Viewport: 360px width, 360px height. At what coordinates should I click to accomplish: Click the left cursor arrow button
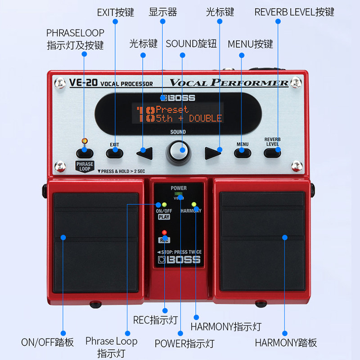(144, 153)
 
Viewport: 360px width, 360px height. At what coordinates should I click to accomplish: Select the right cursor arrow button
(213, 153)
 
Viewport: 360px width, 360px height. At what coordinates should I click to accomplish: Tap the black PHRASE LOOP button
(85, 152)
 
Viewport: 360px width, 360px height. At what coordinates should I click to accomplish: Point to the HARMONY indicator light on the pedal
(194, 204)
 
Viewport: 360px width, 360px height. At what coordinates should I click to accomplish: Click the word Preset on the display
(172, 109)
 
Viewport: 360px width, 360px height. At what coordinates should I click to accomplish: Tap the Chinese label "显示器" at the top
(163, 12)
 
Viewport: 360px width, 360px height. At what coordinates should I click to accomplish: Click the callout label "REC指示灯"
(156, 320)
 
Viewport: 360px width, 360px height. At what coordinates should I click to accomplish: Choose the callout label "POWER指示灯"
(184, 343)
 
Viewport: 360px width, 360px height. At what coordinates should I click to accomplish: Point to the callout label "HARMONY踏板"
(286, 342)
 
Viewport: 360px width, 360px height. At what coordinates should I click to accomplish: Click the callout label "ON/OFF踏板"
(47, 342)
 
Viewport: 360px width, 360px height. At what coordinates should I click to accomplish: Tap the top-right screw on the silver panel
(296, 82)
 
